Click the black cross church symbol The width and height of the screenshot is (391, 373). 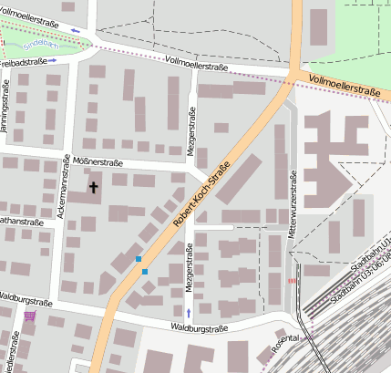pos(93,188)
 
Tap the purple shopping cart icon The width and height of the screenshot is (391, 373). pos(32,316)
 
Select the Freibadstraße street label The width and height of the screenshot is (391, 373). pos(23,62)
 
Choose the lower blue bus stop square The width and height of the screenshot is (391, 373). pos(144,272)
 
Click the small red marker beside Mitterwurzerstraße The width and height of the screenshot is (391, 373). pos(292,281)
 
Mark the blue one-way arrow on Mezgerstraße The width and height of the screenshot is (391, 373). pos(189,313)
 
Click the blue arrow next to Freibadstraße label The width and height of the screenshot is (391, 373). pos(53,60)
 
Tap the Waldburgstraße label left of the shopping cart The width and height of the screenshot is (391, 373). pos(26,298)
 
